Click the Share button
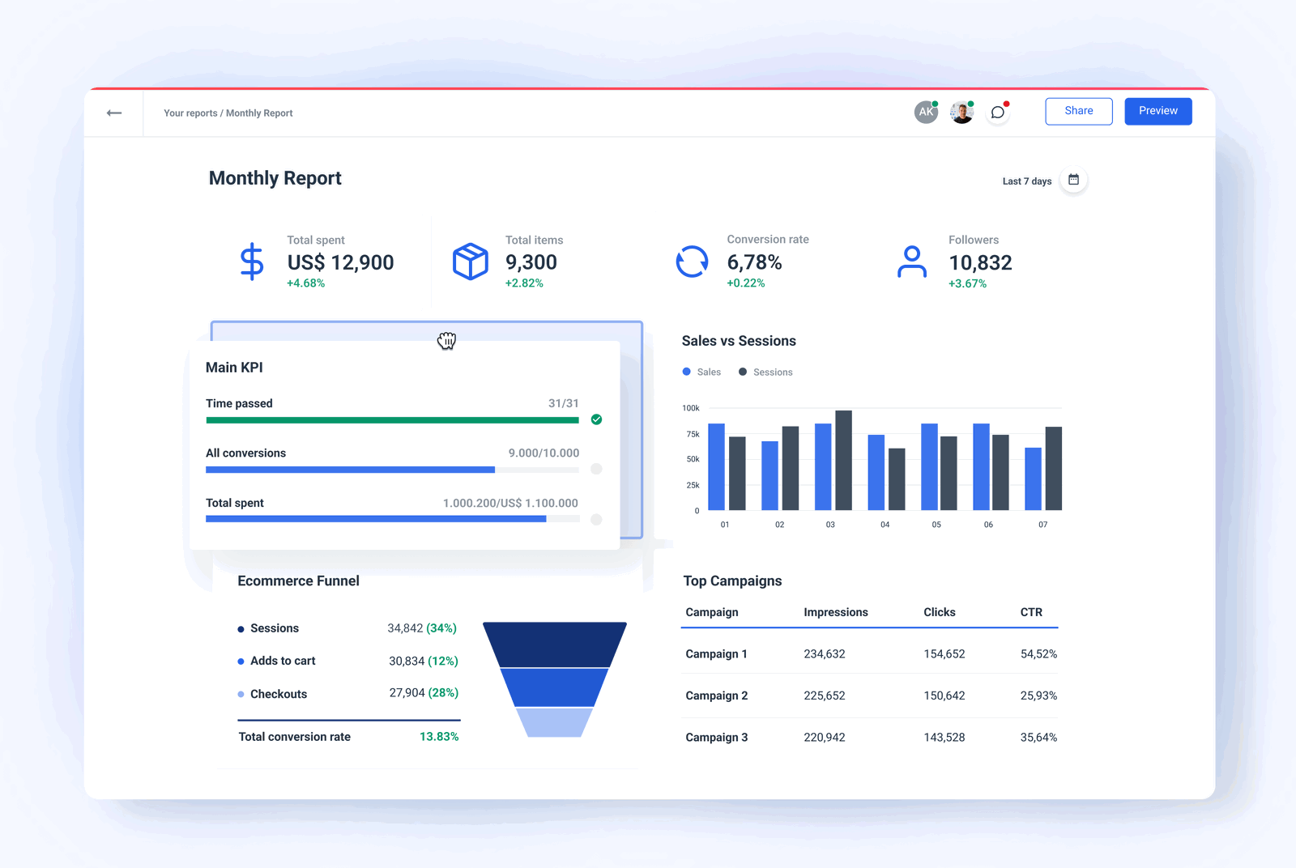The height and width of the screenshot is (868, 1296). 1078,111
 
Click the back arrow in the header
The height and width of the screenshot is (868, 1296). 114,113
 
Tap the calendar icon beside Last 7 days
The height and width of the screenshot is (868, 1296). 1073,180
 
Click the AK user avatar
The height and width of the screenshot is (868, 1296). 925,113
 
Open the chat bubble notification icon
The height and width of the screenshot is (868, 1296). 998,113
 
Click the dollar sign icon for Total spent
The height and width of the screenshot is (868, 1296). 252,262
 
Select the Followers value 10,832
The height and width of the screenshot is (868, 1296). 980,262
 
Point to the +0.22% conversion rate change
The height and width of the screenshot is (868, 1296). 745,283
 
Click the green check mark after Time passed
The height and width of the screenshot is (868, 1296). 596,419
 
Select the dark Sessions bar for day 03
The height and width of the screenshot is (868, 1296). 843,460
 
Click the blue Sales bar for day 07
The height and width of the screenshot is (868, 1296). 1033,479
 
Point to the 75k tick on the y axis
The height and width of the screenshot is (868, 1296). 693,434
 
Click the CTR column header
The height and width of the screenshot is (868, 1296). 1030,612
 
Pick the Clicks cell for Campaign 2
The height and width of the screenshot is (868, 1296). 944,696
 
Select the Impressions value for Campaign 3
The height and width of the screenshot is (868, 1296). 824,737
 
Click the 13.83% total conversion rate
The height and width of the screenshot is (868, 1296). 438,737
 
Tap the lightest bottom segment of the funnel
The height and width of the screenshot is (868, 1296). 554,722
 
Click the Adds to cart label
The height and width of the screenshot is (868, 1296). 282,661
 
